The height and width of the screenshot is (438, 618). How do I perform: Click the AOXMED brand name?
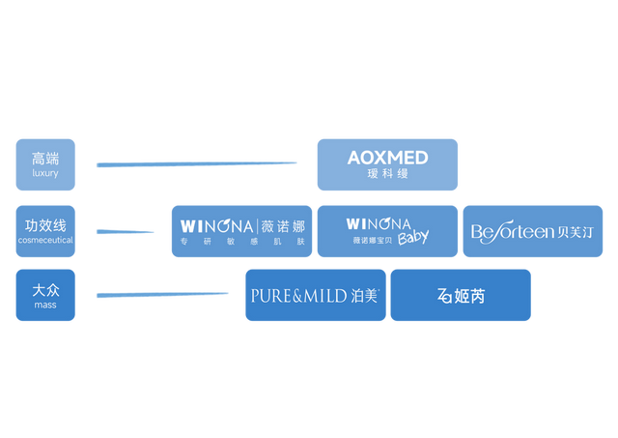tap(387, 157)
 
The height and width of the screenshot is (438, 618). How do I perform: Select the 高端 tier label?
tap(44, 158)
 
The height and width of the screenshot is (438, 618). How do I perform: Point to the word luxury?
tap(44, 173)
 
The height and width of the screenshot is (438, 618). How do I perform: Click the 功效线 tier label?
tap(44, 225)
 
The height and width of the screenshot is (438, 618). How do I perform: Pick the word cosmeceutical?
tap(44, 240)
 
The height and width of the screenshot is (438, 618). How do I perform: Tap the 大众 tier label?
tap(44, 289)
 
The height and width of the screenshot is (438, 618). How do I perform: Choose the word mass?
tap(44, 305)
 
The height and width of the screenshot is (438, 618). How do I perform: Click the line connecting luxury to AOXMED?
tap(203, 163)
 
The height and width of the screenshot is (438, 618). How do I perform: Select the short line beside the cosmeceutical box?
tap(126, 232)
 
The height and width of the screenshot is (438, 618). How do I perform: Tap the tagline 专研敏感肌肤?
tap(241, 241)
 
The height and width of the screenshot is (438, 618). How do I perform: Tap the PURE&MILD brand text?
tap(298, 296)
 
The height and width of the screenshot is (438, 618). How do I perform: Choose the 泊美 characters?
tap(364, 296)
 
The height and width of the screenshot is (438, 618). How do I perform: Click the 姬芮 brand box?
tap(461, 296)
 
